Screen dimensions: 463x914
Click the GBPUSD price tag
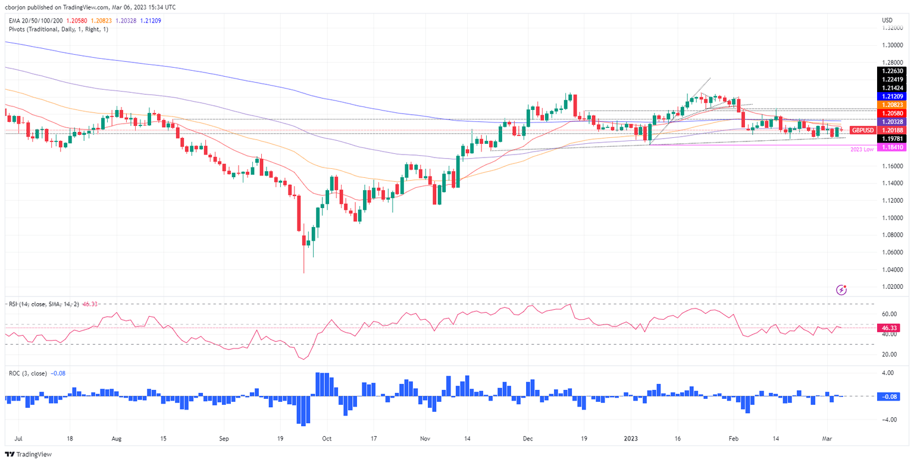[862, 130]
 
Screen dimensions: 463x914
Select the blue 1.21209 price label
[893, 96]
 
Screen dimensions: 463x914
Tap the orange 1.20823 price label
[893, 104]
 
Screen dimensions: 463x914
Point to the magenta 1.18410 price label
[893, 147]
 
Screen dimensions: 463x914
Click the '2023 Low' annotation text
[862, 149]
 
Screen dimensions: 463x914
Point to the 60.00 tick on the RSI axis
[889, 314]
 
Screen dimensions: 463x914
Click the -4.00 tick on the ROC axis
[890, 420]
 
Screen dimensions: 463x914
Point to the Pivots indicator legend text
[58, 29]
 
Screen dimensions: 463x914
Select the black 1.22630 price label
[893, 70]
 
